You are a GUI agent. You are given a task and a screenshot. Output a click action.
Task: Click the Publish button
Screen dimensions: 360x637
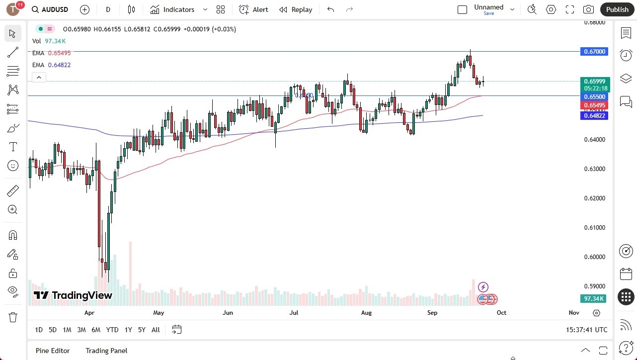617,9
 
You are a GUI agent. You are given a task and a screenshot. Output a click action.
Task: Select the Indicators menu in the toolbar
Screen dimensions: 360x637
178,9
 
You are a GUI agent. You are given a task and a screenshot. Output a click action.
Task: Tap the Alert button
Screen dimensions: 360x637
254,9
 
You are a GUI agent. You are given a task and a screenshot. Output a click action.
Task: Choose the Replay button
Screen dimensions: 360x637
296,9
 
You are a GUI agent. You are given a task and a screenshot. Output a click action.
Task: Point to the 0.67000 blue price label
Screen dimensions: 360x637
594,52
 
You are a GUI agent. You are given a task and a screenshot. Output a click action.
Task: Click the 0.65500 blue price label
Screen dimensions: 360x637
594,96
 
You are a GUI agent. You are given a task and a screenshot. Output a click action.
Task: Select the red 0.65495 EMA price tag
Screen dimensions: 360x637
594,105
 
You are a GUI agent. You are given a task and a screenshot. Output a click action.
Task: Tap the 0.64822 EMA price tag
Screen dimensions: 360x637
594,115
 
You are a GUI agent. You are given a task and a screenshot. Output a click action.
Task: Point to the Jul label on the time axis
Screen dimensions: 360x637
294,313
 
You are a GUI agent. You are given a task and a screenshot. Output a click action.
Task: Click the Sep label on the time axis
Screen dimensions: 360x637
432,313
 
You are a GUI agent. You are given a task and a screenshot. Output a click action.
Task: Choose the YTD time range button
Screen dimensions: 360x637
112,330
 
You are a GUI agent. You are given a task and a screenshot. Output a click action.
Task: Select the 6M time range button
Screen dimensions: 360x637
96,330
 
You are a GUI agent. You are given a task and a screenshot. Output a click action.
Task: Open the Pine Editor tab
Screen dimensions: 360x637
53,351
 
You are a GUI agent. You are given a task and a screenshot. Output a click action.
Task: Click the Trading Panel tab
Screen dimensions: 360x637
106,351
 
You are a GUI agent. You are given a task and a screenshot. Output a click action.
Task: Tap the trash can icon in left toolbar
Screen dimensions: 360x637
13,317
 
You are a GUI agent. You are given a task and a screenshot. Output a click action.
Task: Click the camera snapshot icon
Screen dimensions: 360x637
588,9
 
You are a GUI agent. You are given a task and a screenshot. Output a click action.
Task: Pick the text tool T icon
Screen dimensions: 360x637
13,147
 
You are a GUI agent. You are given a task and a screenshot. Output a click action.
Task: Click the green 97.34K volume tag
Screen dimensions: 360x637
594,298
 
